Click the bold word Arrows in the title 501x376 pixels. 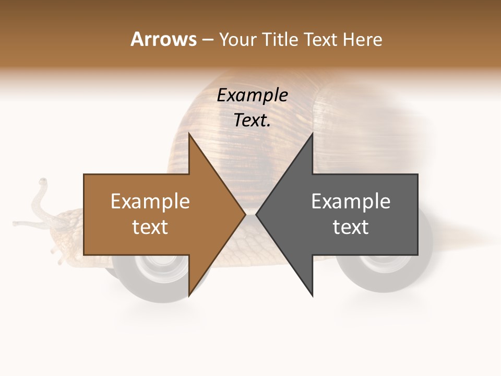click(164, 39)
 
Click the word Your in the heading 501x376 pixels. click(237, 40)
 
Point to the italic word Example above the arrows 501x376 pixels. click(252, 96)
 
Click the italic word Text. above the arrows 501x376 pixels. click(252, 121)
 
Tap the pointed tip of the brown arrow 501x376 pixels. click(244, 214)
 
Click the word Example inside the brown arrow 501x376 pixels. click(150, 201)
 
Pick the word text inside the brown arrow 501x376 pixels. click(150, 227)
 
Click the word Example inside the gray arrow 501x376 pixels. click(351, 201)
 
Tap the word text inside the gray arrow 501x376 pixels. click(351, 227)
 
